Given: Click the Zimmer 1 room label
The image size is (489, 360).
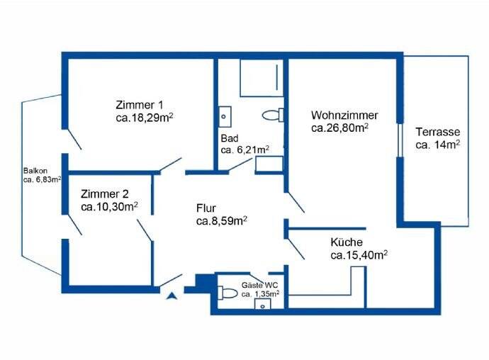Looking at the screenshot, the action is [140, 104].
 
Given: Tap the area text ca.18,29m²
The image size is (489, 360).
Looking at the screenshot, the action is [145, 118].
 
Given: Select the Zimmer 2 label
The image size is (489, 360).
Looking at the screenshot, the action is [104, 193].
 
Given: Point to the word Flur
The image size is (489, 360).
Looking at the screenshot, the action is [206, 208].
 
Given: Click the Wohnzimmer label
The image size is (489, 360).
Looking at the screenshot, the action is [344, 115].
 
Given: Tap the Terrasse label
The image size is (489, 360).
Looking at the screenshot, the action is [437, 132].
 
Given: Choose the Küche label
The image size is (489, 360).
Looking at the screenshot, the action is [347, 242].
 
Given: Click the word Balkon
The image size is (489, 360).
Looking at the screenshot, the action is [35, 171].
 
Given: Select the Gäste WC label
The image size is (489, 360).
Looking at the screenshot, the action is [259, 285].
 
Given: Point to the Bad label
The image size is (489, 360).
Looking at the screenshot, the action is [230, 138].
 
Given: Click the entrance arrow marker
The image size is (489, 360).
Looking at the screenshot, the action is [172, 296].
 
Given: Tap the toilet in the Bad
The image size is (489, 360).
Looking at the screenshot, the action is [273, 115].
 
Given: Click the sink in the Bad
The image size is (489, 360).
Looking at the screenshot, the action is [225, 117].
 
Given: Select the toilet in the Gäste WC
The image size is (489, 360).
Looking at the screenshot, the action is [227, 293].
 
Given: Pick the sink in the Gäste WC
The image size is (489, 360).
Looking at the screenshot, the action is [263, 304].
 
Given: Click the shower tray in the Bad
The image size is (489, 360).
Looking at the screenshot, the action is [262, 78].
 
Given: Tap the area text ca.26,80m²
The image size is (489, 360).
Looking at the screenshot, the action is [339, 128].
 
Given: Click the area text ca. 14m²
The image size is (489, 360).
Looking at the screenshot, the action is [437, 145].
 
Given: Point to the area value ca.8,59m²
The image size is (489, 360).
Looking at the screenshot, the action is [222, 221].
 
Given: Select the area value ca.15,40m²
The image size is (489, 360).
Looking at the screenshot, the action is [359, 255].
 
